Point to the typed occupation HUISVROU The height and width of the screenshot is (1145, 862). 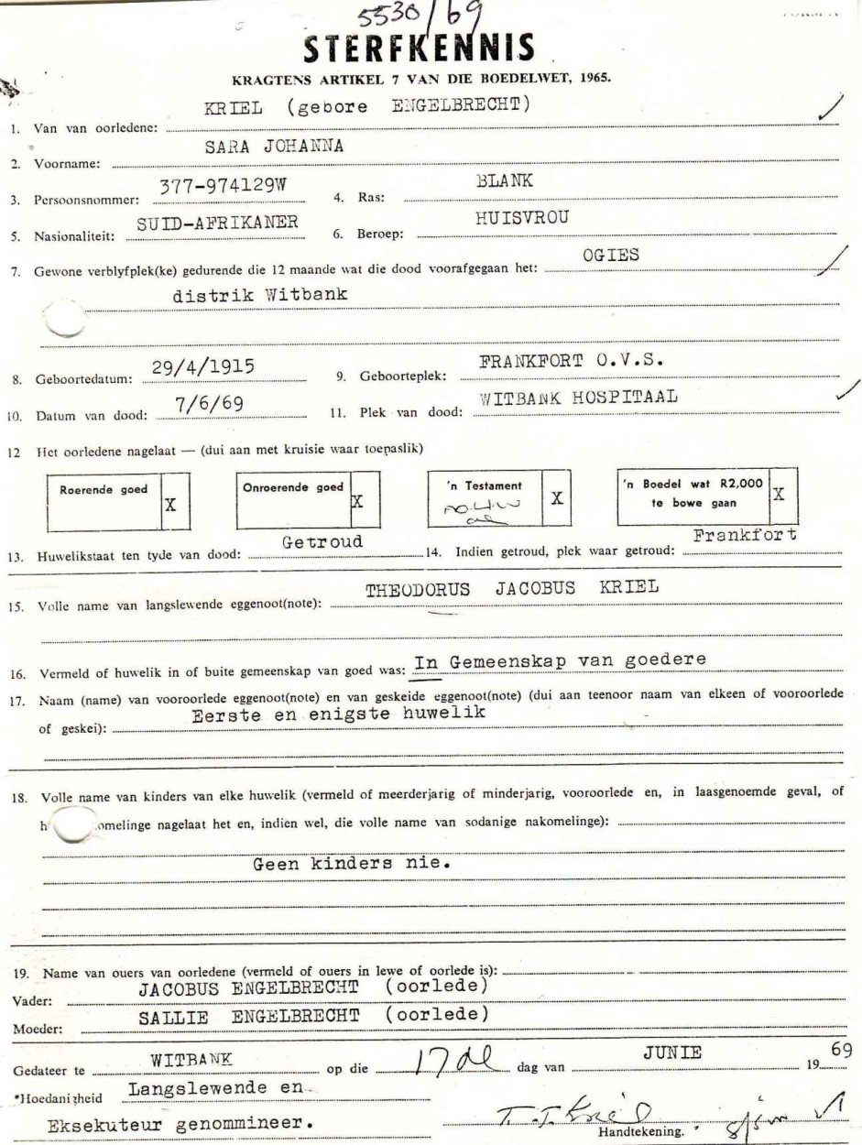click(518, 219)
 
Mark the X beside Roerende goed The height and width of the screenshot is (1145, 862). click(169, 502)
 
